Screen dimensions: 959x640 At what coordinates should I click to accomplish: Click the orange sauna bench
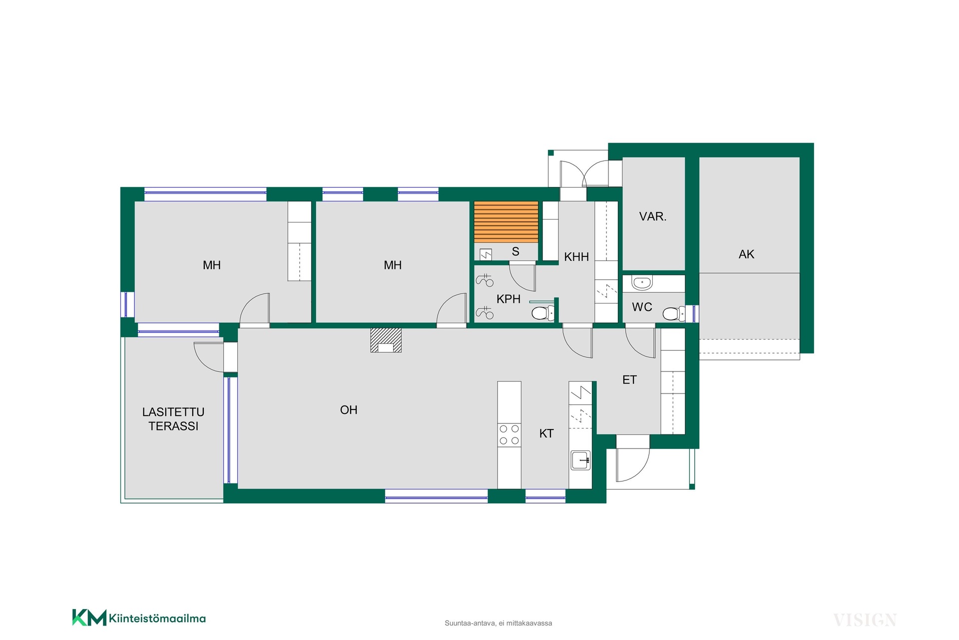[x=506, y=221]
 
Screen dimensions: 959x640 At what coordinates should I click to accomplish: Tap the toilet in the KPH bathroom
[x=543, y=313]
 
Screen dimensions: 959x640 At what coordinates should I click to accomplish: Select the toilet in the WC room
[x=674, y=313]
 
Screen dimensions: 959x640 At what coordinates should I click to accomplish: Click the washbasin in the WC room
[x=642, y=283]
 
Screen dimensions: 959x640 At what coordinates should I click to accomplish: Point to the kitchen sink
[x=580, y=460]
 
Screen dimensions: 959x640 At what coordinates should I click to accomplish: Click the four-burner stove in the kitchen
[x=509, y=434]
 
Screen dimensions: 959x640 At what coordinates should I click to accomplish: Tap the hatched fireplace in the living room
[x=386, y=340]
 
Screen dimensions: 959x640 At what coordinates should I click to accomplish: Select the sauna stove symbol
[x=485, y=254]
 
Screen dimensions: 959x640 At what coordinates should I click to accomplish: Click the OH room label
[x=349, y=410]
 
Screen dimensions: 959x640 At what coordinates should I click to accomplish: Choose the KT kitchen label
[x=546, y=433]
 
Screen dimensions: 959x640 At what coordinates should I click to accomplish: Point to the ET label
[x=629, y=380]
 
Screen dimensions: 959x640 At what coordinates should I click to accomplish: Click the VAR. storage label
[x=653, y=216]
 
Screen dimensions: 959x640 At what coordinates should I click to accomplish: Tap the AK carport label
[x=746, y=254]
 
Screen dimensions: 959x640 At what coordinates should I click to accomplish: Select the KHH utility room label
[x=576, y=257]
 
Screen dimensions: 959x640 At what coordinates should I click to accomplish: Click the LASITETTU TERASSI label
[x=173, y=419]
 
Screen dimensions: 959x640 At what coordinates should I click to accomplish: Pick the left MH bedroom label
[x=212, y=265]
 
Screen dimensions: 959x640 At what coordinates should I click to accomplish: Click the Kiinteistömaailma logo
[x=139, y=617]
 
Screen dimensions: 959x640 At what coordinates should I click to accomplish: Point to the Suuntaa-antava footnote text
[x=498, y=623]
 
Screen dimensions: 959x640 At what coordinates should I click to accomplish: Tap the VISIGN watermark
[x=865, y=620]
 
